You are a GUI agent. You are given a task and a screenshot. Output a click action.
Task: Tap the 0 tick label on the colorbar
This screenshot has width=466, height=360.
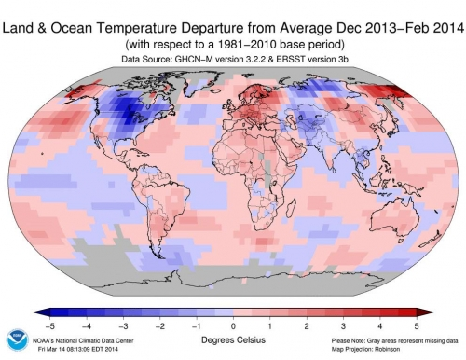(233, 325)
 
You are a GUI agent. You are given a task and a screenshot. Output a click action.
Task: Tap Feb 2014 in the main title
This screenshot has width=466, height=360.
(419, 11)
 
